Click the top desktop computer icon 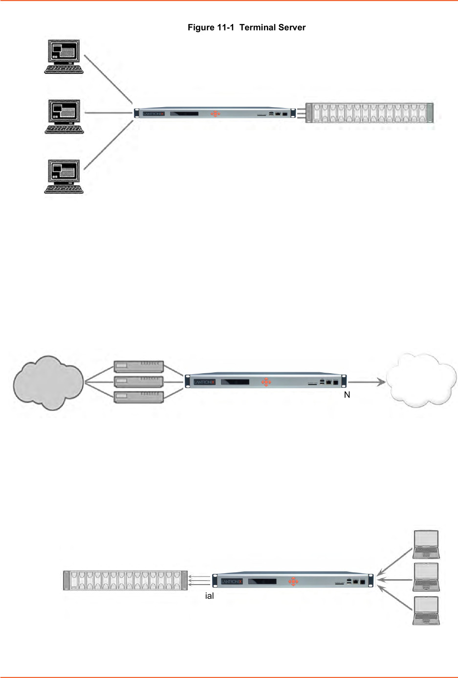click(64, 57)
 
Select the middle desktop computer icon click(64, 116)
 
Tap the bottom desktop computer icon click(64, 177)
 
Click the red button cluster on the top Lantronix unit click(215, 113)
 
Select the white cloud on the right click(421, 381)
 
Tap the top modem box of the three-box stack click(138, 366)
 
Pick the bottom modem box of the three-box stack click(138, 397)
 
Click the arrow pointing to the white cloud click(367, 382)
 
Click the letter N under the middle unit click(347, 395)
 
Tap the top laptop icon click(426, 544)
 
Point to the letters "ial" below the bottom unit click(209, 596)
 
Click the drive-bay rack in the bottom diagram click(126, 580)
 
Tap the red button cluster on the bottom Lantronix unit click(293, 581)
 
